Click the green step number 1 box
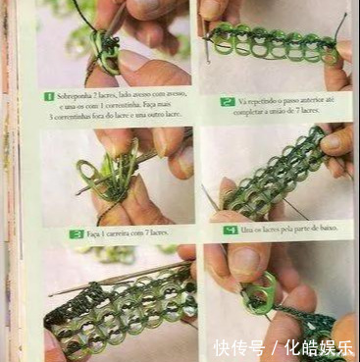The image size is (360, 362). click(x=48, y=96)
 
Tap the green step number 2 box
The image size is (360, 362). click(x=227, y=99)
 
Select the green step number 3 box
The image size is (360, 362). click(x=77, y=233)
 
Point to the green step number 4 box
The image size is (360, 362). click(x=231, y=228)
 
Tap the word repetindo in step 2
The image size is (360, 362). click(x=259, y=99)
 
